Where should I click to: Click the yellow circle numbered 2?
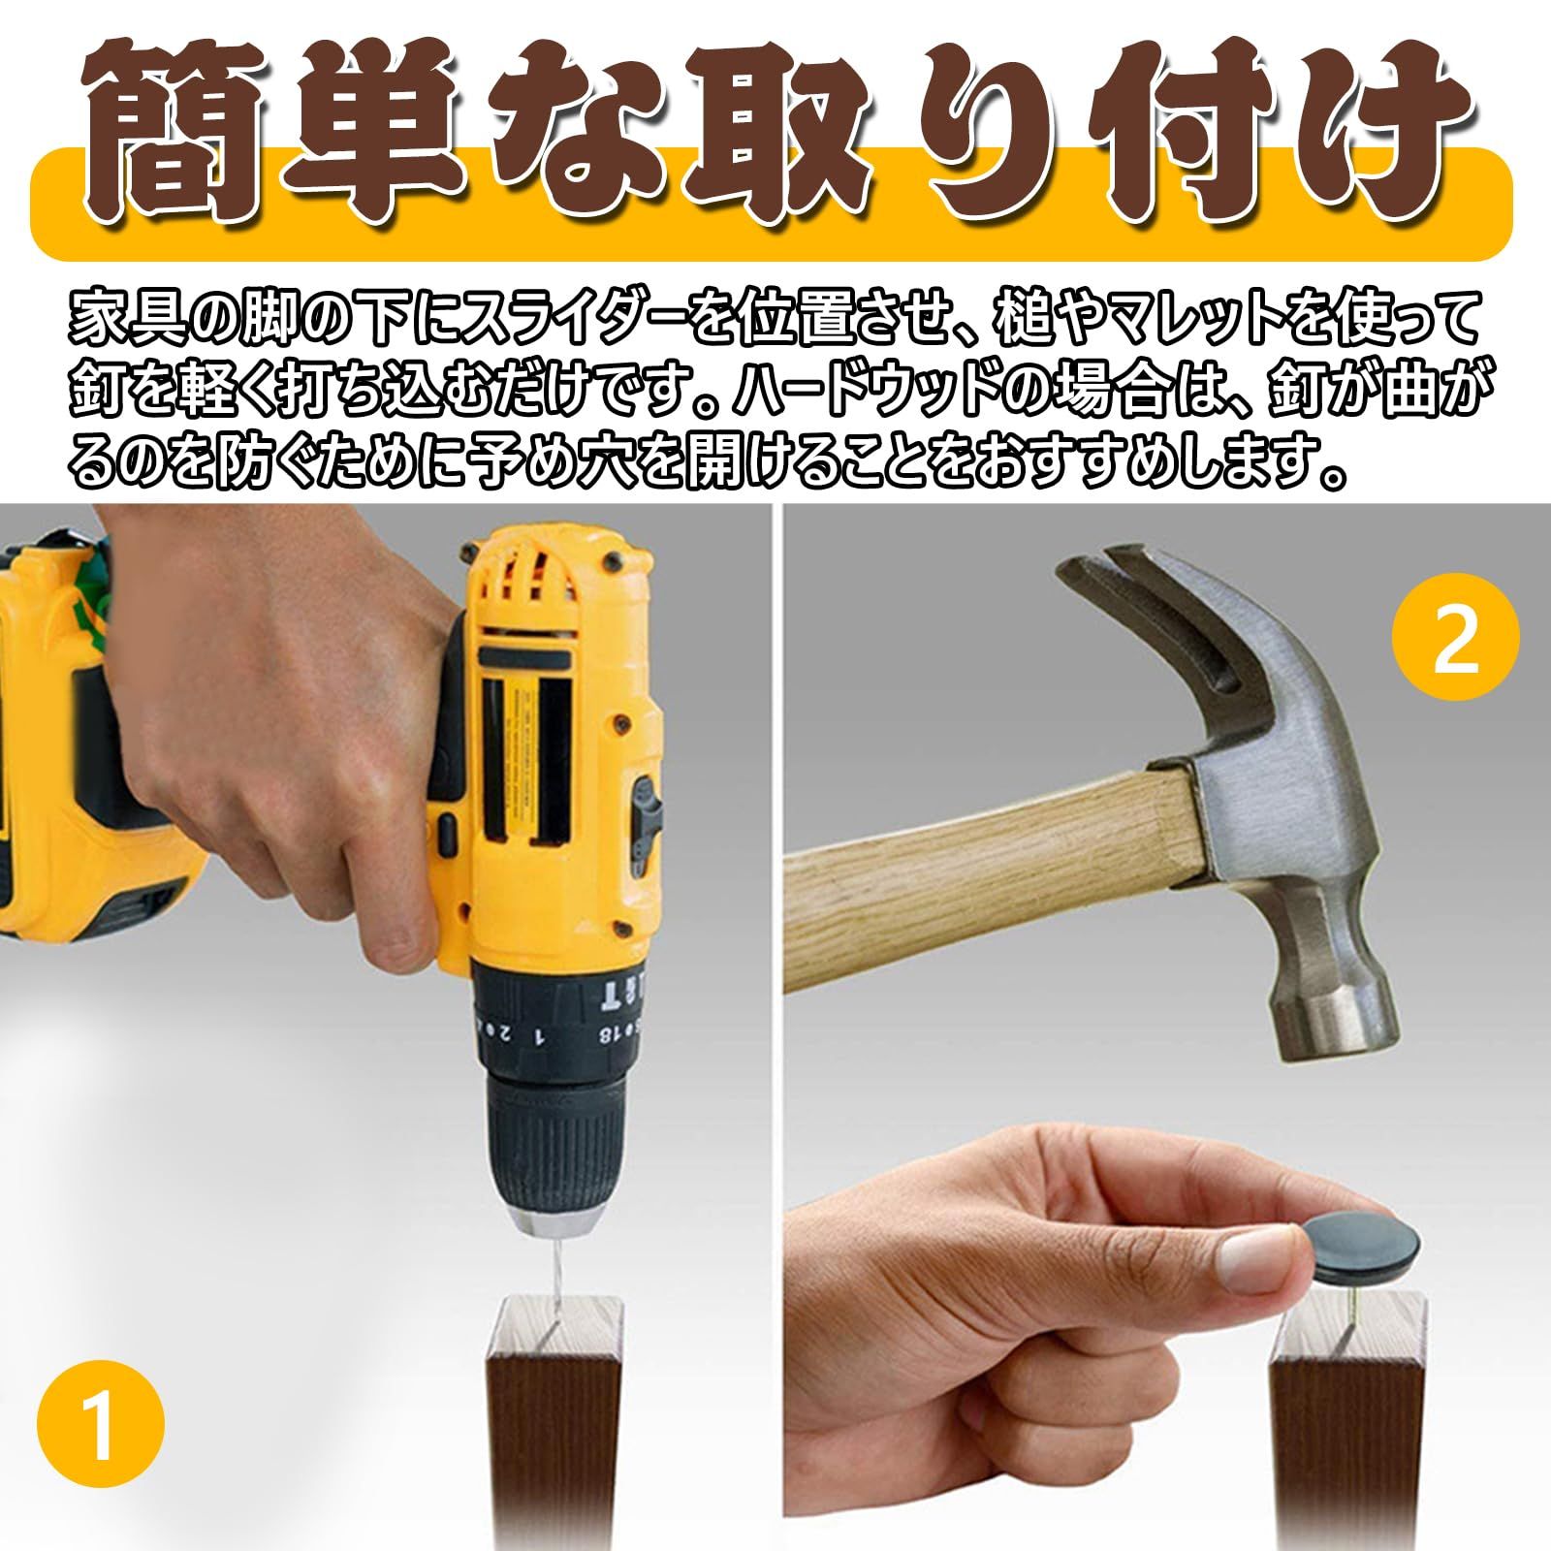[1456, 637]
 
